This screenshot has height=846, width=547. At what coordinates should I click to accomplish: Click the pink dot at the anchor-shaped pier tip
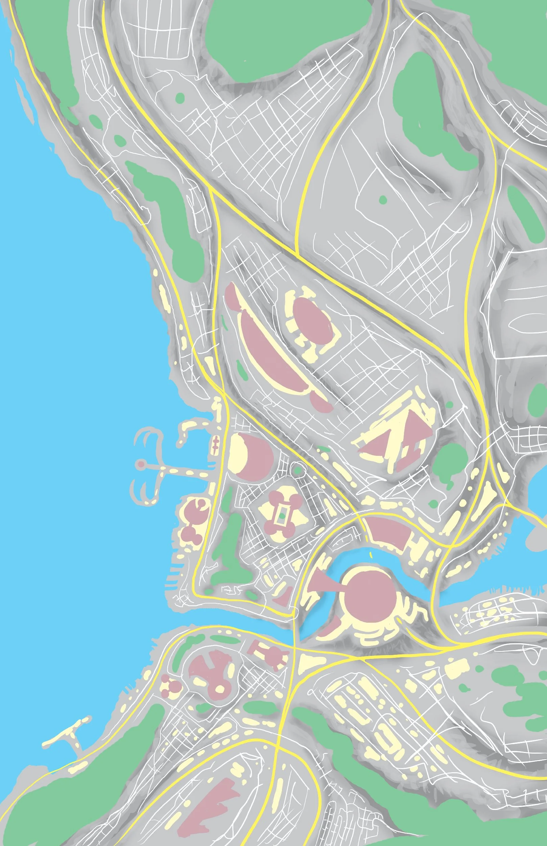pyautogui.click(x=141, y=464)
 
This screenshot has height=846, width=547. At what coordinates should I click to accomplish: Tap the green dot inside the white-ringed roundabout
pyautogui.click(x=298, y=471)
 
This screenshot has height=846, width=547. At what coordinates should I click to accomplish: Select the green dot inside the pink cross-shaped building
pyautogui.click(x=282, y=515)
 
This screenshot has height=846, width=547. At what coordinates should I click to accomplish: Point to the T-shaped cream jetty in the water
pyautogui.click(x=66, y=734)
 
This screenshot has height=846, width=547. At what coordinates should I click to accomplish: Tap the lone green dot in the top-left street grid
pyautogui.click(x=180, y=97)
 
